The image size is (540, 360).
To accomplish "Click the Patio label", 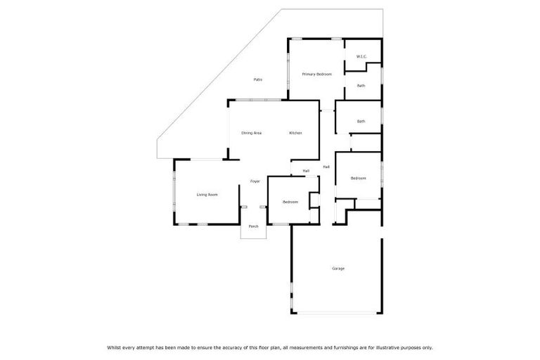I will click(258, 79).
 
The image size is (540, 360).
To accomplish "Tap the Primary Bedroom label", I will click(316, 74).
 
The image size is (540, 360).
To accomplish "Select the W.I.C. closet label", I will click(361, 56).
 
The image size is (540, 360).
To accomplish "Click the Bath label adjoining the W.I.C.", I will click(361, 86).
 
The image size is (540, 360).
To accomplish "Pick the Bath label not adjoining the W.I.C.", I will click(361, 121).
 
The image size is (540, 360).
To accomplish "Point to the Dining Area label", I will click(251, 133).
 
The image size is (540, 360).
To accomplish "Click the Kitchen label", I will click(295, 133).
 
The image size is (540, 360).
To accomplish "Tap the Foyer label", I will click(255, 181).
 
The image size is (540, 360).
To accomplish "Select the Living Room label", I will click(207, 195).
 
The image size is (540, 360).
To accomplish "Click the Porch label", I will click(253, 226).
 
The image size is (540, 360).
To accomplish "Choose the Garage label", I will click(338, 268).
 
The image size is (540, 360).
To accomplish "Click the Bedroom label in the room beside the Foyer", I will click(290, 202).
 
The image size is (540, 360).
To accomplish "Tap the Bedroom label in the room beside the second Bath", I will click(359, 178).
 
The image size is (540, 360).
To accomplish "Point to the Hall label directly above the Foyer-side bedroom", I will click(306, 171).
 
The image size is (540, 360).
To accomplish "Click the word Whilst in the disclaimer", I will click(115, 347).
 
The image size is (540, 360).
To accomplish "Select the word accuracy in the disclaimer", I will click(225, 347).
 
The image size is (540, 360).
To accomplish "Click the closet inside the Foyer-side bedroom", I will click(315, 200).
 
